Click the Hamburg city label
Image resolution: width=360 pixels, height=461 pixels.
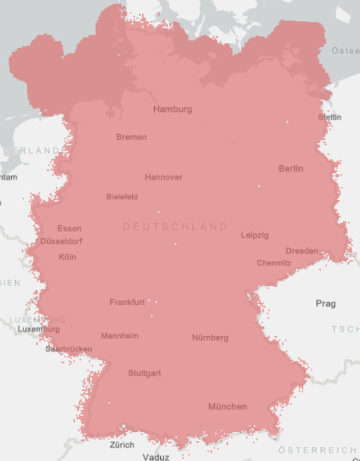coord(173,109)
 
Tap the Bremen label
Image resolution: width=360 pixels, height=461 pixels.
coord(132,137)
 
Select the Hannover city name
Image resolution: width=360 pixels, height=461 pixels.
coord(164,177)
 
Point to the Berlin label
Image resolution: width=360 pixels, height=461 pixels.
coord(291,169)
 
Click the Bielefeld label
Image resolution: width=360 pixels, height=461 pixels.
coord(122,197)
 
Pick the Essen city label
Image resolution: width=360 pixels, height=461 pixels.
coord(69,228)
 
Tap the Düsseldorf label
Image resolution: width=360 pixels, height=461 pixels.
coord(62,241)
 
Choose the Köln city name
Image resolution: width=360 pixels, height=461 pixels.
coord(67,257)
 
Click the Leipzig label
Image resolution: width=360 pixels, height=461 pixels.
coord(255,235)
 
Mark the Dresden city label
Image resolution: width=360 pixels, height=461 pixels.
coord(301,251)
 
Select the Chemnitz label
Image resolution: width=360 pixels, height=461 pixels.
coord(274,263)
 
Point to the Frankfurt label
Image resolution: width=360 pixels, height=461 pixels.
coord(127,302)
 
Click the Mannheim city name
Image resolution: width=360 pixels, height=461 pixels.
coord(120,336)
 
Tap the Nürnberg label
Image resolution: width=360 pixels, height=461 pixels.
coord(210,338)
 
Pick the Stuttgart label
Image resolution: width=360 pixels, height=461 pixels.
coord(145,373)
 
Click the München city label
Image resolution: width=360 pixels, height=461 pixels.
coord(227,406)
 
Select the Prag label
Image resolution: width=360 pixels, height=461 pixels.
coord(326,304)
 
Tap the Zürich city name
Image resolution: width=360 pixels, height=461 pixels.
coord(122,445)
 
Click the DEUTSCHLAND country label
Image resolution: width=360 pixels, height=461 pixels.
coord(175,227)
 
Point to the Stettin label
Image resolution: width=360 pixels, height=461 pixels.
coord(330,117)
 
